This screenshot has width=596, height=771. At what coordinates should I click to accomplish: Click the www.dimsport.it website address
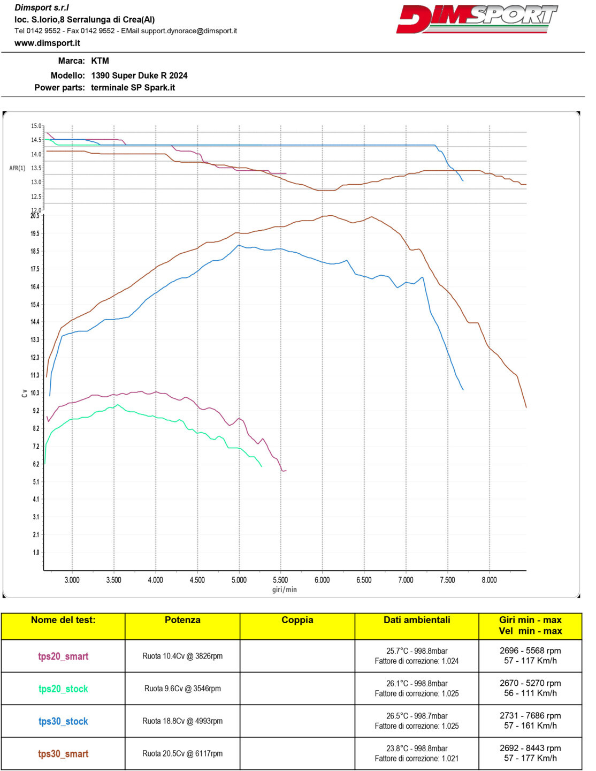[x=47, y=43]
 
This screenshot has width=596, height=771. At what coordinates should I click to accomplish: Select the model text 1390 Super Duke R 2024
[x=139, y=75]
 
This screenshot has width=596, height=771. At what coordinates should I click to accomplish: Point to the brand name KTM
[x=100, y=61]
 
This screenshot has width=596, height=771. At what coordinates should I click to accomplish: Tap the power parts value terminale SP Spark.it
[x=133, y=88]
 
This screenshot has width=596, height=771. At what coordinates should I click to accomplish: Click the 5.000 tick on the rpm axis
[x=239, y=580]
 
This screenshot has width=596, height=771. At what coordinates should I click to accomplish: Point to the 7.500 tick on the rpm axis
[x=447, y=580]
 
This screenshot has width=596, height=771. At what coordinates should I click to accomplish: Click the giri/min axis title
[x=284, y=589]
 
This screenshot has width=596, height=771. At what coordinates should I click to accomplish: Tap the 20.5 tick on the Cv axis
[x=35, y=215]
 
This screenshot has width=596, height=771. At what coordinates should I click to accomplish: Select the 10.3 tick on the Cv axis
[x=35, y=393]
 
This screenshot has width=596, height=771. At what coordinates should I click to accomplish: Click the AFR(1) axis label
[x=17, y=168]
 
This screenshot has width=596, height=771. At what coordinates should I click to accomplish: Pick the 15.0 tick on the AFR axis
[x=36, y=126]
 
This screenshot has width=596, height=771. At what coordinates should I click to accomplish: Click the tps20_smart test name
[x=63, y=656]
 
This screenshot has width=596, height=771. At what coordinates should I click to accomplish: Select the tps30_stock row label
[x=63, y=721]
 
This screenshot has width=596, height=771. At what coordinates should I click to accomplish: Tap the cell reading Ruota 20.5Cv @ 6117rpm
[x=182, y=754]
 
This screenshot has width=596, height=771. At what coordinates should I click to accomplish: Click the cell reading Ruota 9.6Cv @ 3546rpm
[x=182, y=689]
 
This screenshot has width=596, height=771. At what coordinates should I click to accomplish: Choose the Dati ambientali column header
[x=417, y=620]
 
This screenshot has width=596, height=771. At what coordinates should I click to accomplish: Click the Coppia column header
[x=297, y=620]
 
